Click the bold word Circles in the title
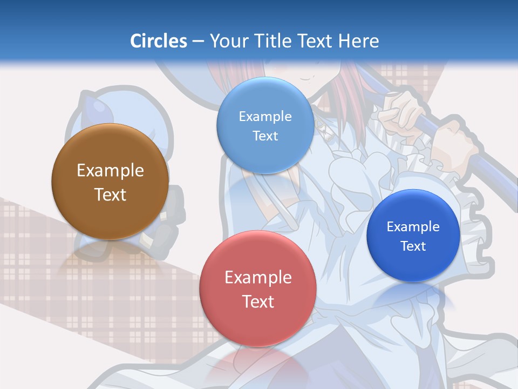pyautogui.click(x=159, y=41)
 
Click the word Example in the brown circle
pyautogui.click(x=110, y=171)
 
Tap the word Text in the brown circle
pyautogui.click(x=110, y=194)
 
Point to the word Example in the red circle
pyautogui.click(x=258, y=278)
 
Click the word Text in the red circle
pyautogui.click(x=258, y=301)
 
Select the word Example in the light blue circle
pyautogui.click(x=265, y=116)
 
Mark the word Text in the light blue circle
pyautogui.click(x=265, y=136)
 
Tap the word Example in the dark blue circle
pyautogui.click(x=413, y=226)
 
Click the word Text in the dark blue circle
pyautogui.click(x=413, y=246)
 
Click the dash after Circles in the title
pyautogui.click(x=198, y=42)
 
